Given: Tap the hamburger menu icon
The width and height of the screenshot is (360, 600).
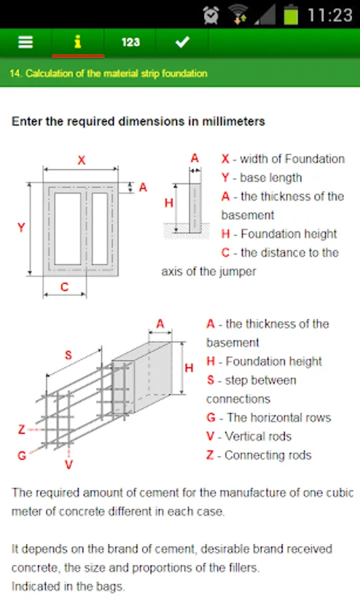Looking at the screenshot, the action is click(25, 42).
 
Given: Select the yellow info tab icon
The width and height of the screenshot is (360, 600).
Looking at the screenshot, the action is click(77, 42).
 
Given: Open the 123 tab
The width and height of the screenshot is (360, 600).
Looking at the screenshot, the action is click(131, 42).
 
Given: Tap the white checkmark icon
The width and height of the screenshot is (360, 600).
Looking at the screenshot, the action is click(183, 42).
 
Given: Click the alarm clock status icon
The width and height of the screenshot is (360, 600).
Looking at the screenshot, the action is click(211, 15).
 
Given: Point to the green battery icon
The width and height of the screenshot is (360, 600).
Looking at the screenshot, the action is click(291, 15).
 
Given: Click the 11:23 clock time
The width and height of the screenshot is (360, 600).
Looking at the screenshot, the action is click(330, 15).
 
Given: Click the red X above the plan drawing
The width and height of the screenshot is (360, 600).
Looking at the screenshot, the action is click(81, 160).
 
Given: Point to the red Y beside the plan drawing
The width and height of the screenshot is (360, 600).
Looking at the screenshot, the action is click(21, 228).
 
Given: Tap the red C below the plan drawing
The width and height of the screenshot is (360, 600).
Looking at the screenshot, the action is click(64, 287).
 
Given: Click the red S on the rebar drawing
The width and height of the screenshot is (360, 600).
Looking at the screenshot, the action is click(68, 355).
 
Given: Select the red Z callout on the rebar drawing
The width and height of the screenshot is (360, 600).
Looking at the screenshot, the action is click(22, 429).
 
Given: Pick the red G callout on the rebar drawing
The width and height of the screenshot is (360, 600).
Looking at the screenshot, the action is click(22, 455).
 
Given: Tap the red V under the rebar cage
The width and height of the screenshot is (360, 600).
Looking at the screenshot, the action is click(69, 465).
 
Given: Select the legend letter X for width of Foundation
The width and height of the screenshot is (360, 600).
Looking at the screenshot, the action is click(225, 159).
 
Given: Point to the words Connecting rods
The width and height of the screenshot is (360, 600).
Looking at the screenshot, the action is click(268, 455).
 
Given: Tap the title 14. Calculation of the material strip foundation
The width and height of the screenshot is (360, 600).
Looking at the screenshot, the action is click(109, 73).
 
